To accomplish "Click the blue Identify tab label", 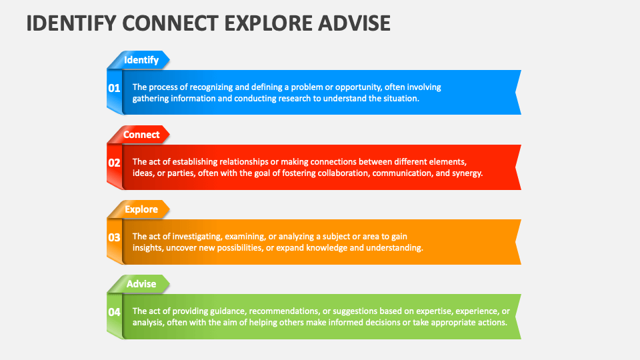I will tap(141, 60).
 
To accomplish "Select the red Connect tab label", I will tap(141, 135).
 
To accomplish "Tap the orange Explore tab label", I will tap(141, 209).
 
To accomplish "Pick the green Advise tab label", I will tap(141, 284).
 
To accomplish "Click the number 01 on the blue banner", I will tap(114, 88).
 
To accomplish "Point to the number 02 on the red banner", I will tap(114, 163).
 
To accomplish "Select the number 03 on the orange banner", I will tap(114, 237).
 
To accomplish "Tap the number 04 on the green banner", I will tap(114, 312).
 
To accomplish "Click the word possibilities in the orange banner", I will tap(251, 247).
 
